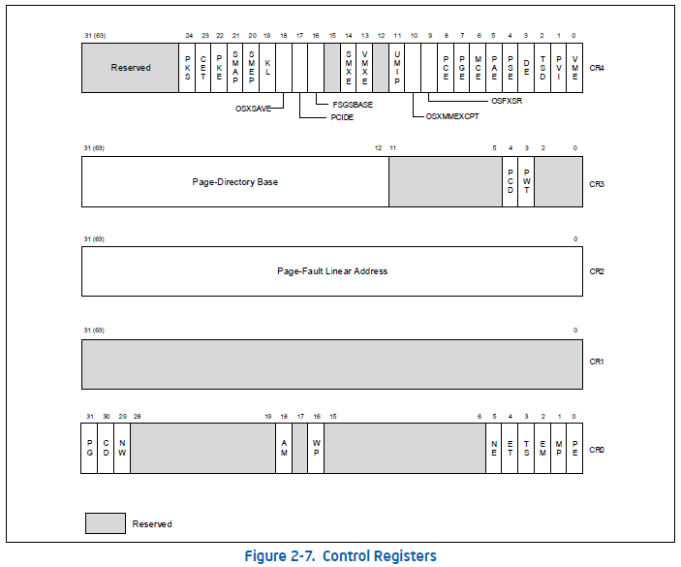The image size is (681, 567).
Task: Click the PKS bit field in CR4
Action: [x=187, y=68]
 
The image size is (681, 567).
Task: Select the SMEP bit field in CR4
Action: [x=252, y=68]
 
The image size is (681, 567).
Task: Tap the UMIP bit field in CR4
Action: [x=397, y=68]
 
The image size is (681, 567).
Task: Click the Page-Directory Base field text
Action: [x=234, y=181]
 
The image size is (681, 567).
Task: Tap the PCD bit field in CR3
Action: [x=510, y=181]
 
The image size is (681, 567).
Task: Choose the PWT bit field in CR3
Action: [x=526, y=181]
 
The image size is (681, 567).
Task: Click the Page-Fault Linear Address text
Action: [x=332, y=271]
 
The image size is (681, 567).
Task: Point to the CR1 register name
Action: [x=597, y=362]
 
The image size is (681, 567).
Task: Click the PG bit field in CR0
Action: [x=89, y=448]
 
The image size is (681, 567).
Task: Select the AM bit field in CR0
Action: [x=284, y=448]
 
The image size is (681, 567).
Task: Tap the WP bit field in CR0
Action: [x=316, y=448]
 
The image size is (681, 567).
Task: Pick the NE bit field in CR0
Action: [x=494, y=448]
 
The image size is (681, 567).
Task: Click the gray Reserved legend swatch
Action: [x=106, y=523]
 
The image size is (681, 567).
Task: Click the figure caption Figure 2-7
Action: [x=339, y=556]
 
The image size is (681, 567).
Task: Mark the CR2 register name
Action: [x=597, y=271]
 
